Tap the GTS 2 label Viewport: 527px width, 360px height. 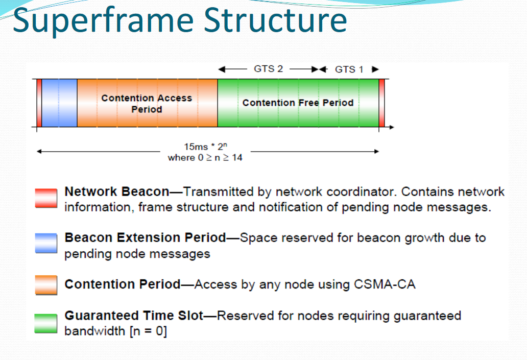point(268,69)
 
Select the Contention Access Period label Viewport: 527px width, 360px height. point(147,103)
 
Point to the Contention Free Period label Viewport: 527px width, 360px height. point(298,103)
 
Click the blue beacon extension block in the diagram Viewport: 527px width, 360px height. point(59,103)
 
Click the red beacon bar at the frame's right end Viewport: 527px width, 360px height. point(381,103)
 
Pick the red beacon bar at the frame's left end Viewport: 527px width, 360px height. point(39,103)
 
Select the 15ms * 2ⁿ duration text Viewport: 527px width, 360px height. point(205,147)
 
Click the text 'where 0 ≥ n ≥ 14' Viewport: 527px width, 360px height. point(205,158)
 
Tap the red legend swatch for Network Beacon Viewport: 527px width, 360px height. point(46,198)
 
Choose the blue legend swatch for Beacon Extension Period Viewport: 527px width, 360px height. point(46,244)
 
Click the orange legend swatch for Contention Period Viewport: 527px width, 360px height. point(46,284)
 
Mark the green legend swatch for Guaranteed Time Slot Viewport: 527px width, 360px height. point(46,323)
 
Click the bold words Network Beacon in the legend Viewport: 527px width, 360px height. point(116,192)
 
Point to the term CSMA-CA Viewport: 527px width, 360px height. point(384,284)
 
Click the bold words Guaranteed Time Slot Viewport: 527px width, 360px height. point(134,316)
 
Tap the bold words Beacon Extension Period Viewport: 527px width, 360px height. point(145,238)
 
